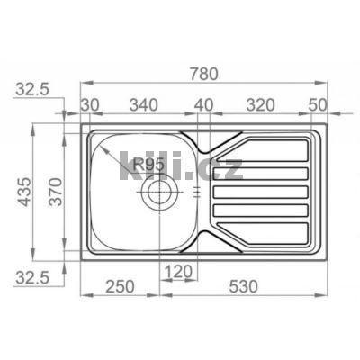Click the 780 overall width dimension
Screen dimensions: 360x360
(203, 74)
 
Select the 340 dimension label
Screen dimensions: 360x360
(143, 105)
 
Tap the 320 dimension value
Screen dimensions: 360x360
(260, 105)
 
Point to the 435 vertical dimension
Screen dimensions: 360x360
(23, 192)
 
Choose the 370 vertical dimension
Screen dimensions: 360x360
(56, 192)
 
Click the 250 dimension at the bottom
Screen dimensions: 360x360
(120, 286)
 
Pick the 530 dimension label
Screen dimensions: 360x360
(243, 286)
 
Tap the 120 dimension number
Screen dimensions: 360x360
(178, 272)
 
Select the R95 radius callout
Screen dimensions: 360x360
(148, 165)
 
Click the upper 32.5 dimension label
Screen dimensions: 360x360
(32, 89)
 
